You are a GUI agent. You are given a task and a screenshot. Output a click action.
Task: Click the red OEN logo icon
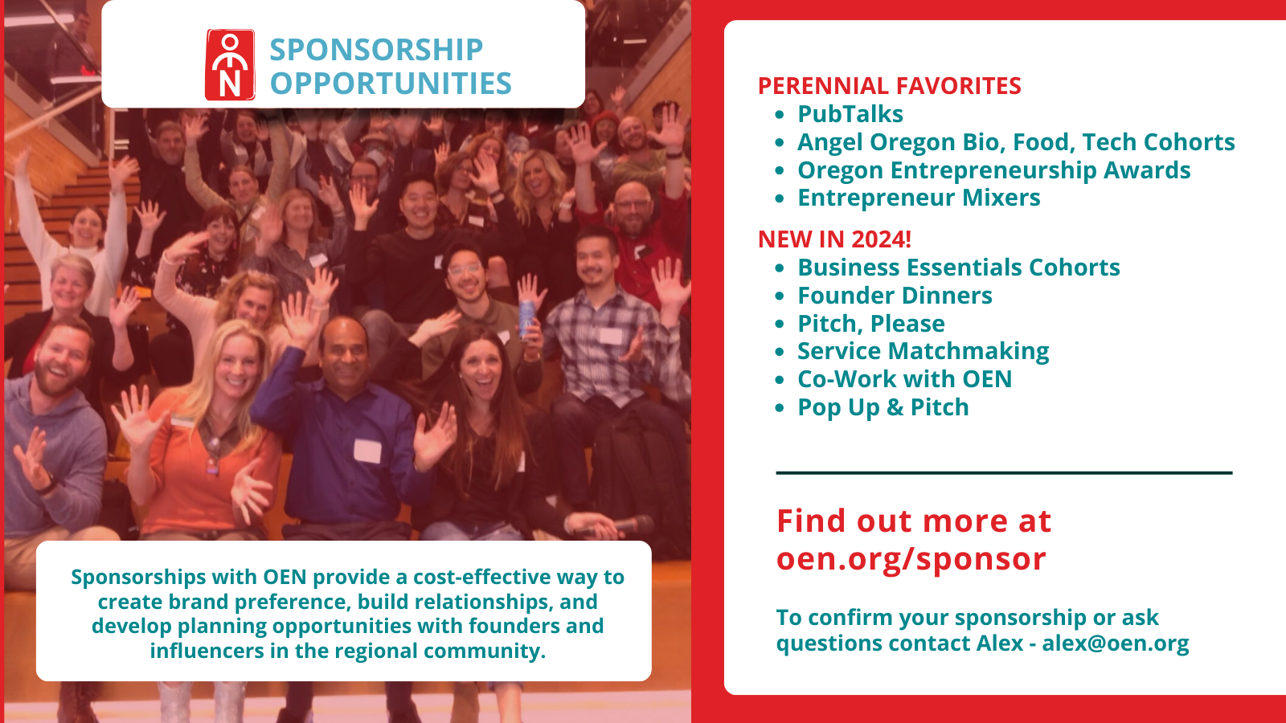pos(230,65)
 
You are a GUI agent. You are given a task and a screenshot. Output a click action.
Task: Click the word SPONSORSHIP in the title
pos(377,49)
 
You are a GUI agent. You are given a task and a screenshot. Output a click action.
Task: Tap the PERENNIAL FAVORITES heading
pos(889,86)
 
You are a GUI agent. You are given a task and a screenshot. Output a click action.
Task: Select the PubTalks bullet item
pos(850,114)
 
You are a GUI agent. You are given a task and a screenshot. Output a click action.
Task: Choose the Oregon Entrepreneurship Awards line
pos(993,170)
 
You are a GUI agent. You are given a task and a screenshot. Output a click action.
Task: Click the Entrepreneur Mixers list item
pos(919,198)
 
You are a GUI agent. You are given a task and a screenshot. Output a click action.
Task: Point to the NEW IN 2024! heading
pos(834,239)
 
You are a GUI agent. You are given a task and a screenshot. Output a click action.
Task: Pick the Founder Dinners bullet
pos(895,296)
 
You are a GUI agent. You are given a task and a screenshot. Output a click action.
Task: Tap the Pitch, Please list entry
pos(871,324)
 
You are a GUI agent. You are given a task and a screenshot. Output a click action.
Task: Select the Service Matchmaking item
pos(924,351)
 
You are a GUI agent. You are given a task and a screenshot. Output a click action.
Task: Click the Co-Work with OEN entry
pos(904,379)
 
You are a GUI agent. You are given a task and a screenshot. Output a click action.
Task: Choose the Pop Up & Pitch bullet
pos(883,407)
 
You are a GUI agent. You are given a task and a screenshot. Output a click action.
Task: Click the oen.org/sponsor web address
pos(911,559)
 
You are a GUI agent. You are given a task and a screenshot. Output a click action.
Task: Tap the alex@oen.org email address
pos(1116,643)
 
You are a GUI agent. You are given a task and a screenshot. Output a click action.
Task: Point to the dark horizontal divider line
pos(1004,473)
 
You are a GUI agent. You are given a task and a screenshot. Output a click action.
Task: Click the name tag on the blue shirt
pos(367,451)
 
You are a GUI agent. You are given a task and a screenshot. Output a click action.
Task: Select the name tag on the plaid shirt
pos(611,336)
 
